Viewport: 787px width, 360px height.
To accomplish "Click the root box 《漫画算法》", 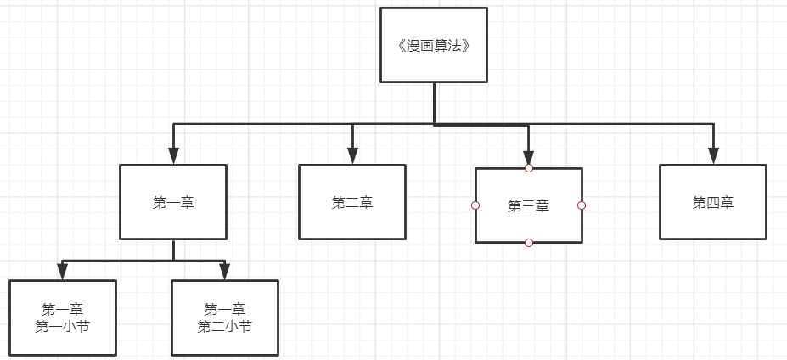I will point(433,45).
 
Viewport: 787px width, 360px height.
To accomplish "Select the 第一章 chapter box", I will point(173,202).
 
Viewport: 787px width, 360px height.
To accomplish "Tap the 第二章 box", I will point(352,202).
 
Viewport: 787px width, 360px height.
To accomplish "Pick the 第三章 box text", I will point(528,205).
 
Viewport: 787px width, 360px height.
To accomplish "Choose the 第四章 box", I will point(713,202).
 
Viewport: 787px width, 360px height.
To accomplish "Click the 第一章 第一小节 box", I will point(62,317).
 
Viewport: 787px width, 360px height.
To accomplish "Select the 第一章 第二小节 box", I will point(224,317).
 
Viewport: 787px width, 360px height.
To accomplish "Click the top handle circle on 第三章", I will point(529,168).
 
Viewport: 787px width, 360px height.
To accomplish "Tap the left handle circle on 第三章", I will point(475,205).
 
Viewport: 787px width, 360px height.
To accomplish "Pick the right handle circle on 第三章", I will point(582,205).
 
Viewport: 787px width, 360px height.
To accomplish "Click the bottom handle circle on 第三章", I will point(529,243).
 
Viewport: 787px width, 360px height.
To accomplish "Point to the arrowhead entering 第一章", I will point(173,155).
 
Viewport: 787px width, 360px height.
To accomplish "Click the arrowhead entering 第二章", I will point(352,155).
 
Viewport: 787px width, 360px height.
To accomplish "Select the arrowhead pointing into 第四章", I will point(713,155).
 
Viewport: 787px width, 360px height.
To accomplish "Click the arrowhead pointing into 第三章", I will point(528,157).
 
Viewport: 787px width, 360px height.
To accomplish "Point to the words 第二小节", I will point(224,326).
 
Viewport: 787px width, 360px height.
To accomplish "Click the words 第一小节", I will point(62,326).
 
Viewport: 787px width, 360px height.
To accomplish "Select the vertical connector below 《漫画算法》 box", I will point(434,103).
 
